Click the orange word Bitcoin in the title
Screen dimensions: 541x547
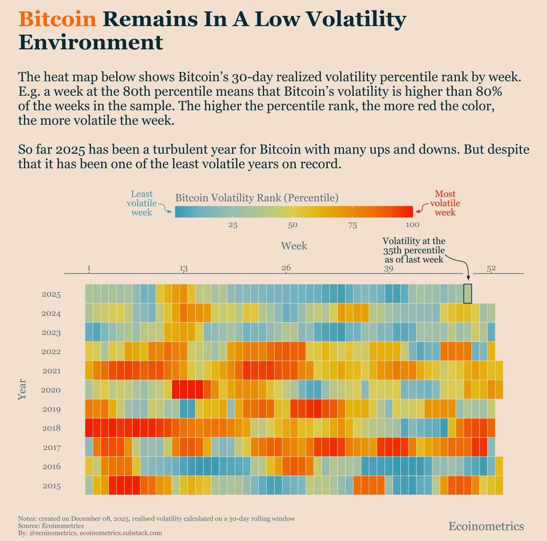(x=57, y=19)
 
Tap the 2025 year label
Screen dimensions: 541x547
(x=51, y=295)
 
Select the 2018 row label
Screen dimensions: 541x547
(x=51, y=428)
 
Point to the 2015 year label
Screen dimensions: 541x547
(x=51, y=486)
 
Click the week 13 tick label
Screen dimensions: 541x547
(x=183, y=268)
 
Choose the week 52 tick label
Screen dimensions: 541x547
(x=491, y=268)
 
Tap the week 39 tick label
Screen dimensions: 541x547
(x=388, y=268)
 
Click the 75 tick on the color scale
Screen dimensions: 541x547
(x=352, y=225)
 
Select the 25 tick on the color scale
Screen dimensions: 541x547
(x=233, y=225)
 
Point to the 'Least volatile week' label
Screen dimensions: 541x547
(x=142, y=203)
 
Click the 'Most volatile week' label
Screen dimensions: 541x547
(x=445, y=203)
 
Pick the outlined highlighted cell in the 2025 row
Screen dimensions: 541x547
(x=467, y=293)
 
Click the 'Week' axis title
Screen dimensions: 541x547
(x=294, y=246)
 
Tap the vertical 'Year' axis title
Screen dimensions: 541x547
(x=22, y=390)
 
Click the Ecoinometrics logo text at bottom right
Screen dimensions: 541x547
(x=486, y=526)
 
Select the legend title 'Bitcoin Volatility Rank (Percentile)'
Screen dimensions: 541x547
(x=257, y=198)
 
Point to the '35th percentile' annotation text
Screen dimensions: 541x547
(x=413, y=250)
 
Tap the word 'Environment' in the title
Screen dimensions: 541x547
(x=91, y=43)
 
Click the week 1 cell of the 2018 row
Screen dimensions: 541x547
(x=89, y=428)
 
